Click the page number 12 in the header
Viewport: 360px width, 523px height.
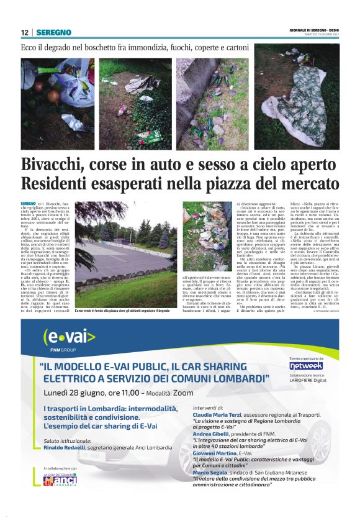click(x=25, y=32)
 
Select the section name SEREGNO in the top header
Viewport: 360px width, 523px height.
click(x=53, y=32)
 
